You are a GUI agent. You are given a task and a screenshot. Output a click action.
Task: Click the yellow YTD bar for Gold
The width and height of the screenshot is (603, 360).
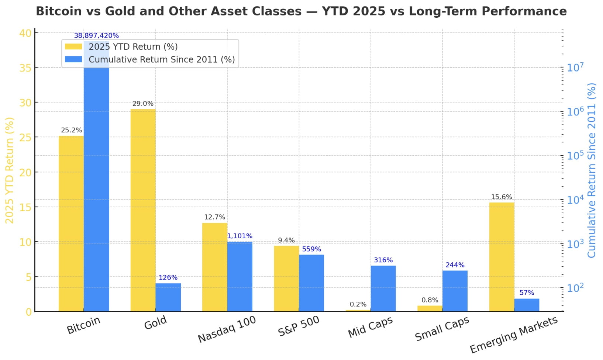pos(143,210)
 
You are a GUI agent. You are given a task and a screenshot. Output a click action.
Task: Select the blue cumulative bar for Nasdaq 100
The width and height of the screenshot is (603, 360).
pos(240,277)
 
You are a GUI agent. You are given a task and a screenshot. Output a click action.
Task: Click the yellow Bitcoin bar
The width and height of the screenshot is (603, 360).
pos(71,224)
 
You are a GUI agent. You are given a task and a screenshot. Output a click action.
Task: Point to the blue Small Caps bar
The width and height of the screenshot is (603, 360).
pos(455,291)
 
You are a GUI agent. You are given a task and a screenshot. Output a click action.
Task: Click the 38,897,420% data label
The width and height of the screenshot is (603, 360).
pos(96,36)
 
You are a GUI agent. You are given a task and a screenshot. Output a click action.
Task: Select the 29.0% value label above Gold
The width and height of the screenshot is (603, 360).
pos(143,104)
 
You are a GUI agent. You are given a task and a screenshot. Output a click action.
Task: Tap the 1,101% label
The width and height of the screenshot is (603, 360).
pos(240,236)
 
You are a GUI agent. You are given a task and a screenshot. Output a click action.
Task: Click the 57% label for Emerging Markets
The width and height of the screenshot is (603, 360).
pos(527,293)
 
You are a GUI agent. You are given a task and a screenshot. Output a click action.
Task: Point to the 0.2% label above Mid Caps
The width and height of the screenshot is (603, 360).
pos(358,304)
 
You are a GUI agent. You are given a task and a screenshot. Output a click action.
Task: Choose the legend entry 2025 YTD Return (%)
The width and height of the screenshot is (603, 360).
pos(133,47)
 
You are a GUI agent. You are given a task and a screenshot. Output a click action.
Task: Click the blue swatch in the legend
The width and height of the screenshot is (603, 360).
pos(73,59)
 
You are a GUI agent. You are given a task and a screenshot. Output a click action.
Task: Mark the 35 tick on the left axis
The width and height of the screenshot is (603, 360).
pos(25,68)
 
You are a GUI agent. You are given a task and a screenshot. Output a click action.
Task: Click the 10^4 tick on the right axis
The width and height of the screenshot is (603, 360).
pos(575,200)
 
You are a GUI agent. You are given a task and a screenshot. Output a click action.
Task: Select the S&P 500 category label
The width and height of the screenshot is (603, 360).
pos(299,326)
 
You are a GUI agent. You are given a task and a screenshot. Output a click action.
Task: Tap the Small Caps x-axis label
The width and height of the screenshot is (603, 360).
pos(442,329)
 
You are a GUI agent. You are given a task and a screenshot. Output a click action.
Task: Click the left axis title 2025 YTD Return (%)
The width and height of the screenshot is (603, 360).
pos(9,170)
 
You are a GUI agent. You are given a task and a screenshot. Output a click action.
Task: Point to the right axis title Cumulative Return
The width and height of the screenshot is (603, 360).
pos(592,170)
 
